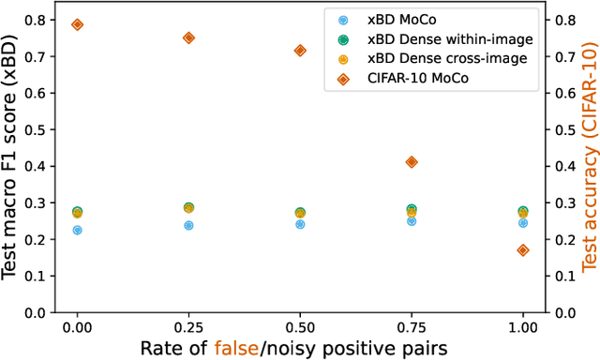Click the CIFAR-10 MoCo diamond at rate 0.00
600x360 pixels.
coord(77,24)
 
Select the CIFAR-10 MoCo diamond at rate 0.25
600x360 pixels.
coord(188,37)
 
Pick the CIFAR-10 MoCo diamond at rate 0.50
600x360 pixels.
coord(300,51)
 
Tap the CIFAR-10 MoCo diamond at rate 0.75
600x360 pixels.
coord(412,162)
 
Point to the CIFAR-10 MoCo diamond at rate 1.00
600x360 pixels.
coord(523,250)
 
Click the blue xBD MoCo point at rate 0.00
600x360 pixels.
coord(77,230)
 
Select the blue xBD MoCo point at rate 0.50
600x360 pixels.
coord(300,224)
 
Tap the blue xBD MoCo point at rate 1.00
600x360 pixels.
coord(523,223)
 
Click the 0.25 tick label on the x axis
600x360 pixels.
coord(188,328)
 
